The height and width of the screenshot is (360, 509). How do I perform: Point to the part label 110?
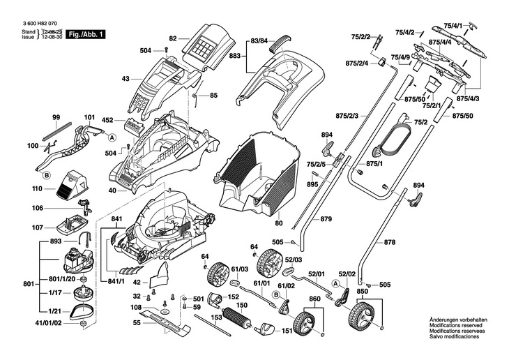click(37, 189)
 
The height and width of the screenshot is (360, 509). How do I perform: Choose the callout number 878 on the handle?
click(390, 242)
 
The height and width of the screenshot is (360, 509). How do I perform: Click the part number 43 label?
click(126, 79)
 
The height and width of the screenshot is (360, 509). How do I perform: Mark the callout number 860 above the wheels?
click(315, 299)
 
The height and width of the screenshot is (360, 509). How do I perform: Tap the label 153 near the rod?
click(218, 318)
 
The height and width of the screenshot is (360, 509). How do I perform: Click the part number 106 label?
click(37, 208)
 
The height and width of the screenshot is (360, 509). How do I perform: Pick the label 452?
click(108, 120)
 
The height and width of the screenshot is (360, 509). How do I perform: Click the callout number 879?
click(326, 220)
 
